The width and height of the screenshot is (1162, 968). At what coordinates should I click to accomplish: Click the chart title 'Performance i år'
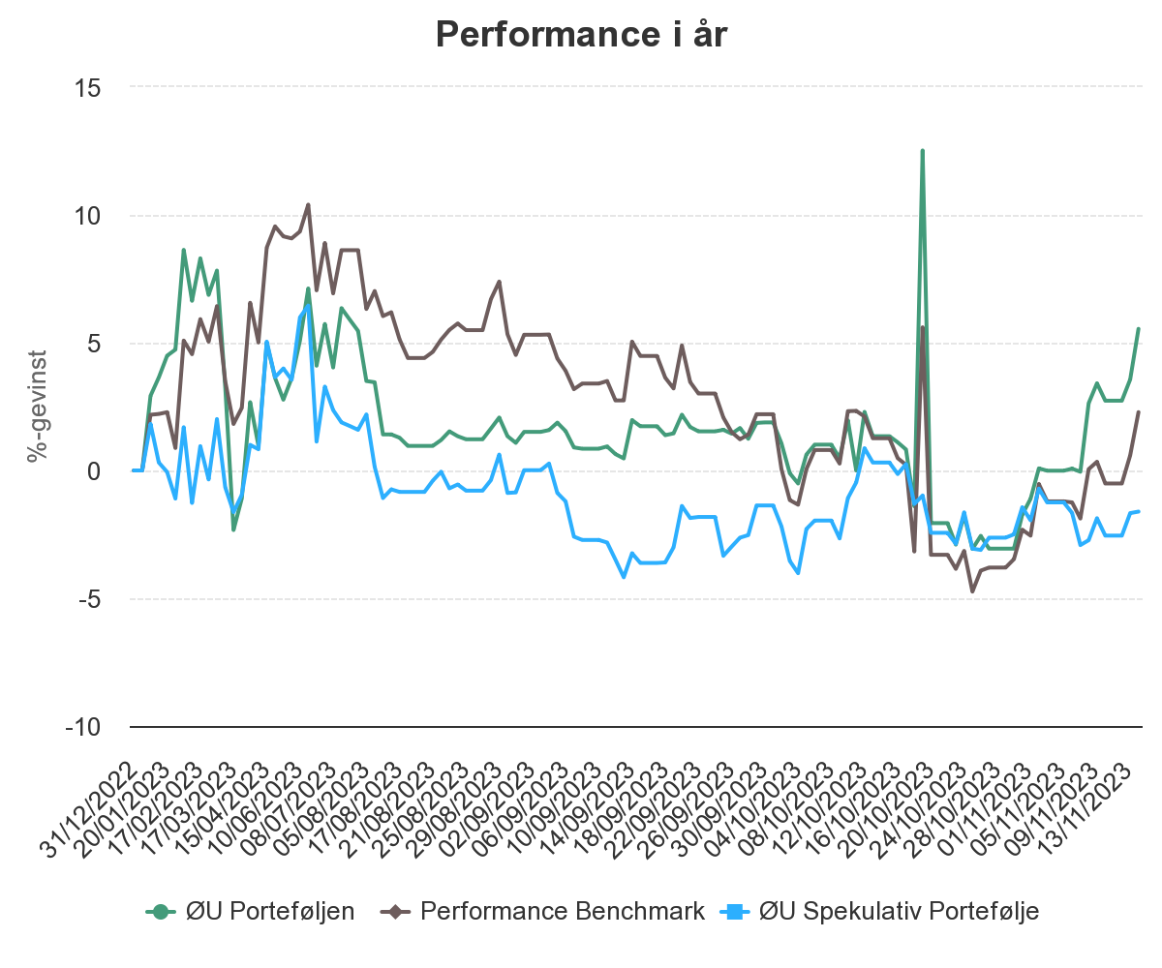(x=581, y=36)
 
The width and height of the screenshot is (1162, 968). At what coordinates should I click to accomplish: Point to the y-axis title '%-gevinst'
(x=38, y=407)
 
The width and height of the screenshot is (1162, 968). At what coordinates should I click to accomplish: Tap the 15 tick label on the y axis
(x=89, y=87)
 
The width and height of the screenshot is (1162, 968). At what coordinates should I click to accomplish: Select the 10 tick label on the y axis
(x=89, y=215)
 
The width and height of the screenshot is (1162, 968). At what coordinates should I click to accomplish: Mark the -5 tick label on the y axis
(x=91, y=599)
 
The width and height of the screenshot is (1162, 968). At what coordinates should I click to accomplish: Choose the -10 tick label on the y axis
(x=85, y=727)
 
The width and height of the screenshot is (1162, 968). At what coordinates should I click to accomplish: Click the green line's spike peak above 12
(x=922, y=150)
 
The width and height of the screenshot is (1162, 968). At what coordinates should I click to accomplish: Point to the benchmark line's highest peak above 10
(x=308, y=204)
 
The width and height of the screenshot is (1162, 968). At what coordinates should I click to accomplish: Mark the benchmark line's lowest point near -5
(x=972, y=591)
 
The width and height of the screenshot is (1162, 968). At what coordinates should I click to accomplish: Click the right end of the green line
(x=1139, y=329)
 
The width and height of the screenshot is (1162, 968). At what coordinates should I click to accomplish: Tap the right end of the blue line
(x=1139, y=510)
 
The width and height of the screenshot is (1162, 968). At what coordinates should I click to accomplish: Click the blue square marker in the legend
(x=734, y=911)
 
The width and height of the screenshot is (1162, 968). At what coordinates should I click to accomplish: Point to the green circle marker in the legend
(x=161, y=911)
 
